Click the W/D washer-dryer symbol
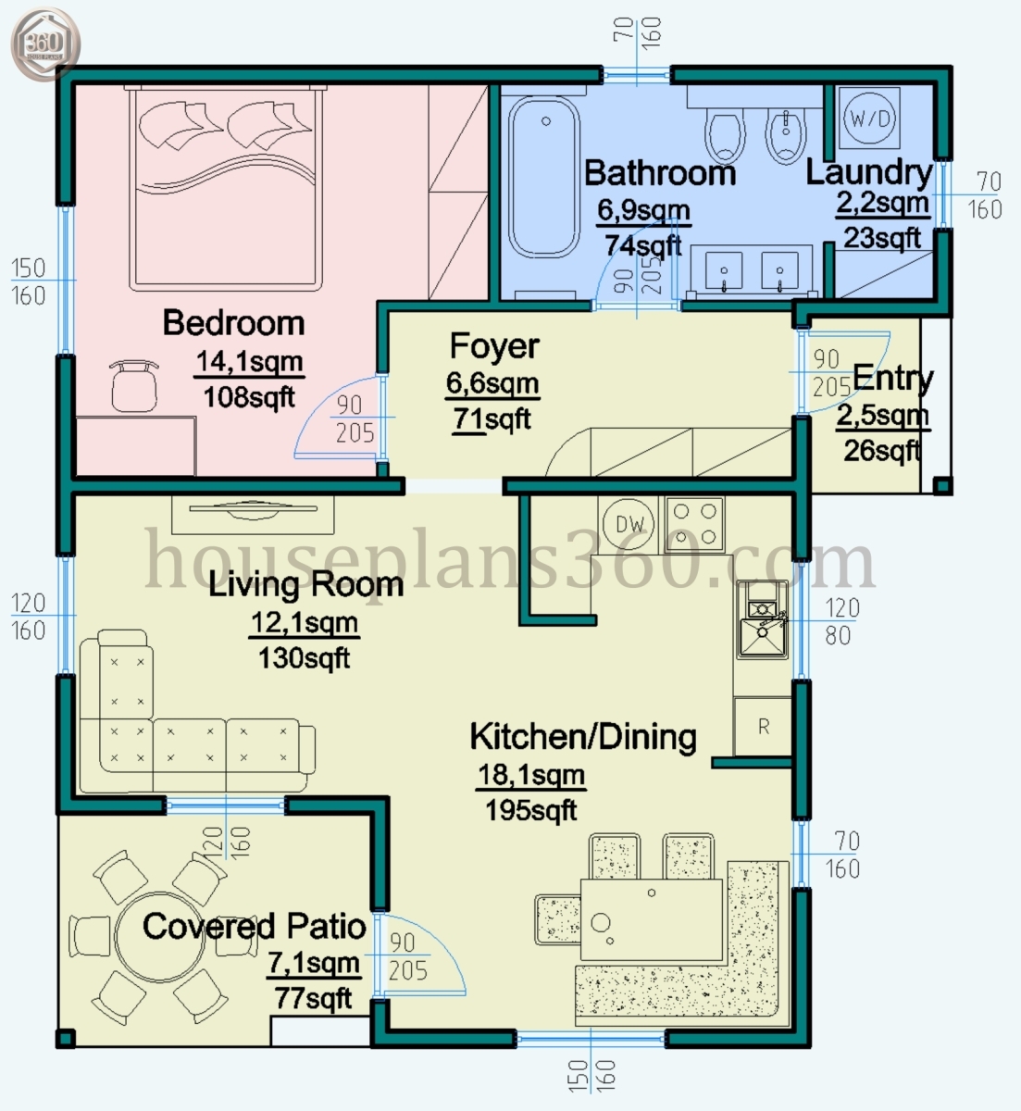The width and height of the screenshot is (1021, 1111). pos(871,118)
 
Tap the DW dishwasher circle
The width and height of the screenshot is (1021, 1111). pos(629,524)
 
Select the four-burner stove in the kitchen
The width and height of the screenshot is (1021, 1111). pos(694,524)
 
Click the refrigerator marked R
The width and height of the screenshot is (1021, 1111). pos(764,727)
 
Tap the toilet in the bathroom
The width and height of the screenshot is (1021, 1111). pos(724,135)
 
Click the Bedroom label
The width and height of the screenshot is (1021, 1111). pos(233,323)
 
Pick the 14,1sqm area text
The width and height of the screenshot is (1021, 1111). pos(249,362)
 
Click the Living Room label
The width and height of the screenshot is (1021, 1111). pos(305,585)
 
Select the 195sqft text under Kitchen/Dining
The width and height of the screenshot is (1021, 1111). pos(530,811)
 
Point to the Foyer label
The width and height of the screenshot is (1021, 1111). pos(493,346)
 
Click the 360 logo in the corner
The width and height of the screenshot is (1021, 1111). pos(45,43)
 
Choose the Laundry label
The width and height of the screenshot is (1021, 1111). pos(868,172)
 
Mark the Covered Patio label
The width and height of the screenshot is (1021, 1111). pos(254,927)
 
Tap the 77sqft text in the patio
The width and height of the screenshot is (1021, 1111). pos(313,999)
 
